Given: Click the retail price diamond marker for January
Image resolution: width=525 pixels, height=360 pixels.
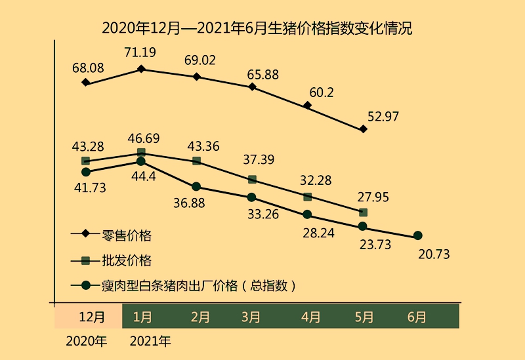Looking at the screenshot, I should pos(141,68).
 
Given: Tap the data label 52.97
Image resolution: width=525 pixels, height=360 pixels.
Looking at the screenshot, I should pos(383,117).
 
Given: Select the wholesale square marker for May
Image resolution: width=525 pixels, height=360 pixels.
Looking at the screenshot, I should pos(364,212).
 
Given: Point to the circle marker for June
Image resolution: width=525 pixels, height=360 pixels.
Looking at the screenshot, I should pos(417,236).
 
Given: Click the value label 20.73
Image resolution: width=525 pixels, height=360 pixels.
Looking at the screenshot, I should pos(433,254).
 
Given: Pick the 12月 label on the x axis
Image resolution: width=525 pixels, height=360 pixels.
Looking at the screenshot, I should pos(91,317).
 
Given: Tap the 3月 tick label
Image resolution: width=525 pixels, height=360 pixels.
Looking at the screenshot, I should pos(252,317).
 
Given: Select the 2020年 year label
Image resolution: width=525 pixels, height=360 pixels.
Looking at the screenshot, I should pos(86,341).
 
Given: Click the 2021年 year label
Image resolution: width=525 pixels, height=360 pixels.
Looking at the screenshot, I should pos(151,341).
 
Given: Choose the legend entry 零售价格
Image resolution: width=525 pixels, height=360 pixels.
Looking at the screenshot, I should pos(127,235).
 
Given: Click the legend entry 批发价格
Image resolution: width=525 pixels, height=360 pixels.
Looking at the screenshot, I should pos(127,260).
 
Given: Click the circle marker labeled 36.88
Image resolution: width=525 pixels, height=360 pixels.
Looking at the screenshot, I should pos(196,187).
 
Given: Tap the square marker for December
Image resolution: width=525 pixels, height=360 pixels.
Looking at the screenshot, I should pos(85,161).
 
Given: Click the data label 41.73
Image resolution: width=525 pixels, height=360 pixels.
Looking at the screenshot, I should pos(90,188).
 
